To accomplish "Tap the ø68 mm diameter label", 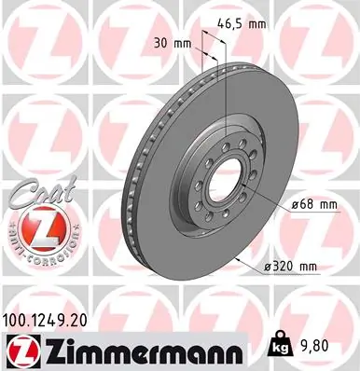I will pos(289,202).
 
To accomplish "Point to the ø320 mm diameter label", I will pos(291,267).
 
